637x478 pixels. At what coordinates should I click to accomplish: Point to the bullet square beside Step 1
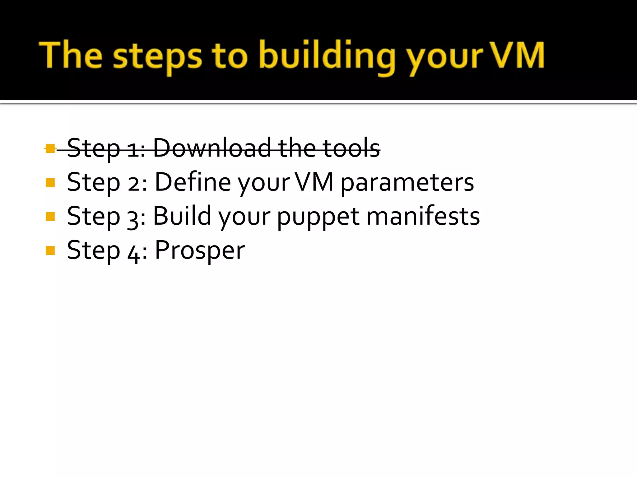tap(50, 148)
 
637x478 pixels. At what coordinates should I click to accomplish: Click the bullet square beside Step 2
tap(50, 182)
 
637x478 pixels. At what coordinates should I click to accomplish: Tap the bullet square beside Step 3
tap(50, 216)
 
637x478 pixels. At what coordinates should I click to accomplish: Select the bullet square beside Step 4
tap(50, 250)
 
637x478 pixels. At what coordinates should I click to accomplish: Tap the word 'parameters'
tap(407, 183)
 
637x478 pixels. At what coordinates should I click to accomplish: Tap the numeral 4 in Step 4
tap(133, 253)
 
